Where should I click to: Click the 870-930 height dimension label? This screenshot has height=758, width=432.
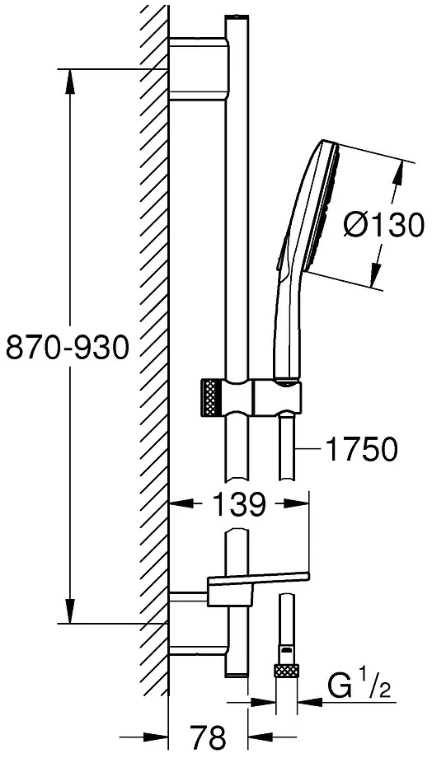pyautogui.click(x=68, y=347)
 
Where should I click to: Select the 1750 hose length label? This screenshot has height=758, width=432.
pyautogui.click(x=362, y=450)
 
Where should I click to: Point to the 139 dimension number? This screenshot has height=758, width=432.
pyautogui.click(x=238, y=503)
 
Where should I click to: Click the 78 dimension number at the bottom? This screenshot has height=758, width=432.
pyautogui.click(x=209, y=737)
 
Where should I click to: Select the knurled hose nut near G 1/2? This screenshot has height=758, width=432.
pyautogui.click(x=286, y=671)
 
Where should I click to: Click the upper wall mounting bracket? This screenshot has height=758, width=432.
pyautogui.click(x=199, y=68)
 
